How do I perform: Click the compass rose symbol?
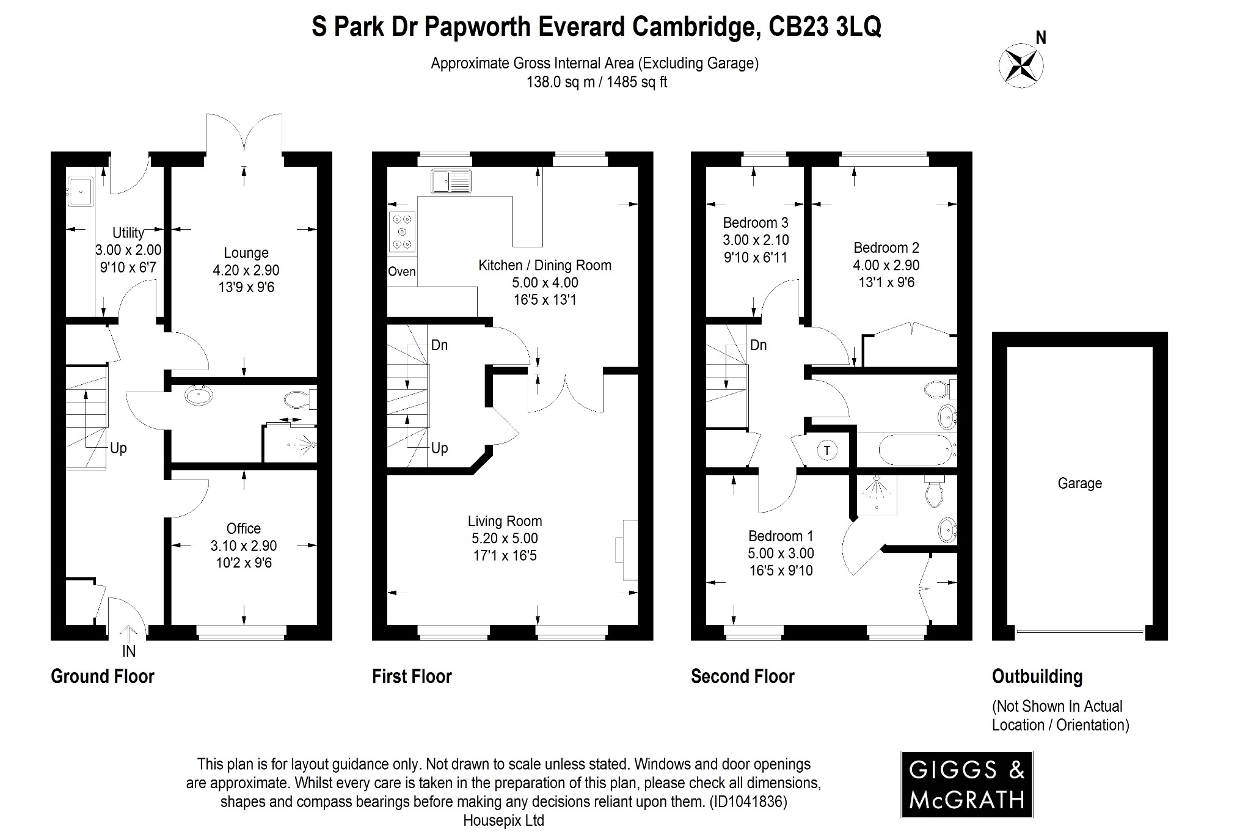(x=1021, y=64)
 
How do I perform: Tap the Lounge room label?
(x=246, y=253)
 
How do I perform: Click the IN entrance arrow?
(x=128, y=635)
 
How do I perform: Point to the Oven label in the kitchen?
(x=401, y=272)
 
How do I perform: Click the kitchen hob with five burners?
(x=402, y=232)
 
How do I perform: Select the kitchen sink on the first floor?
(x=451, y=181)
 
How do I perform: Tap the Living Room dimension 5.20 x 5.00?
(x=505, y=538)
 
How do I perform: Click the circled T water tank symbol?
(x=826, y=451)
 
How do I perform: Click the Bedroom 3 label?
(x=755, y=222)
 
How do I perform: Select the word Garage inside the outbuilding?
(x=1079, y=483)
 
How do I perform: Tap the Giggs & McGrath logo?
(x=966, y=784)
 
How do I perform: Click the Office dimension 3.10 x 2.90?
(x=243, y=546)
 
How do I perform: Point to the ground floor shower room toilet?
(x=298, y=400)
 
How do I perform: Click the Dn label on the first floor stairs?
(x=439, y=345)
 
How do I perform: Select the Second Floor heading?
(x=742, y=676)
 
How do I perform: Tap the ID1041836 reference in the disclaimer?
(x=748, y=801)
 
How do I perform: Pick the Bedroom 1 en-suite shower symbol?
(x=876, y=492)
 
